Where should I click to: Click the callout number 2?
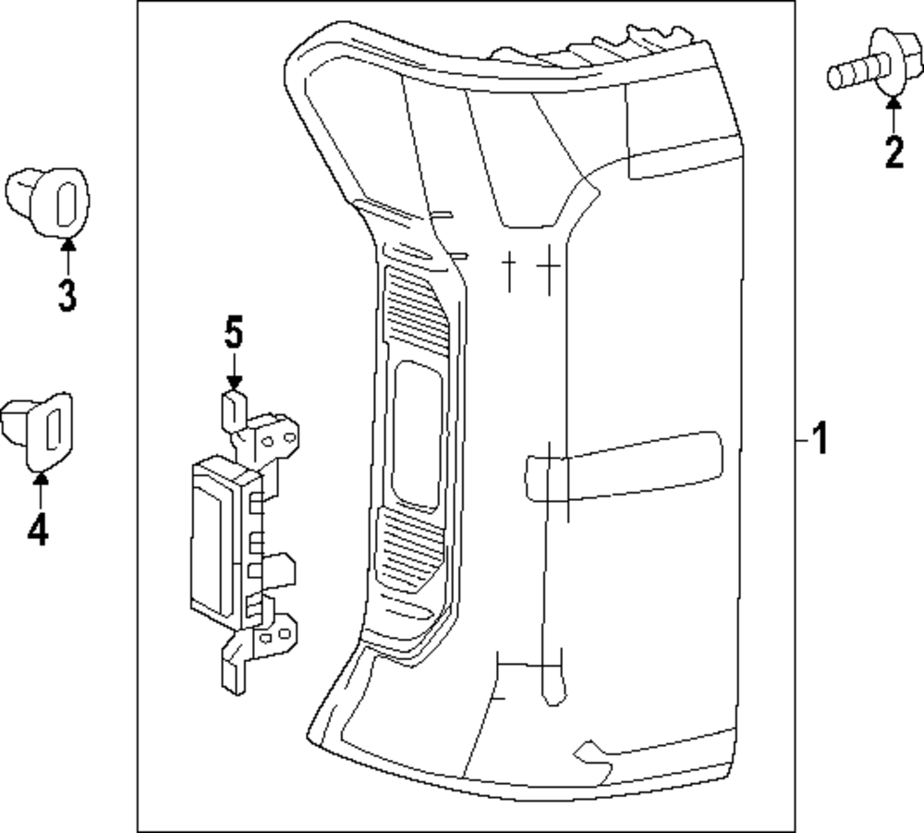click(894, 152)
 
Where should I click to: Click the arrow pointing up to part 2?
click(894, 113)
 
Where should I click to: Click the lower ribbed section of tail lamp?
click(408, 548)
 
